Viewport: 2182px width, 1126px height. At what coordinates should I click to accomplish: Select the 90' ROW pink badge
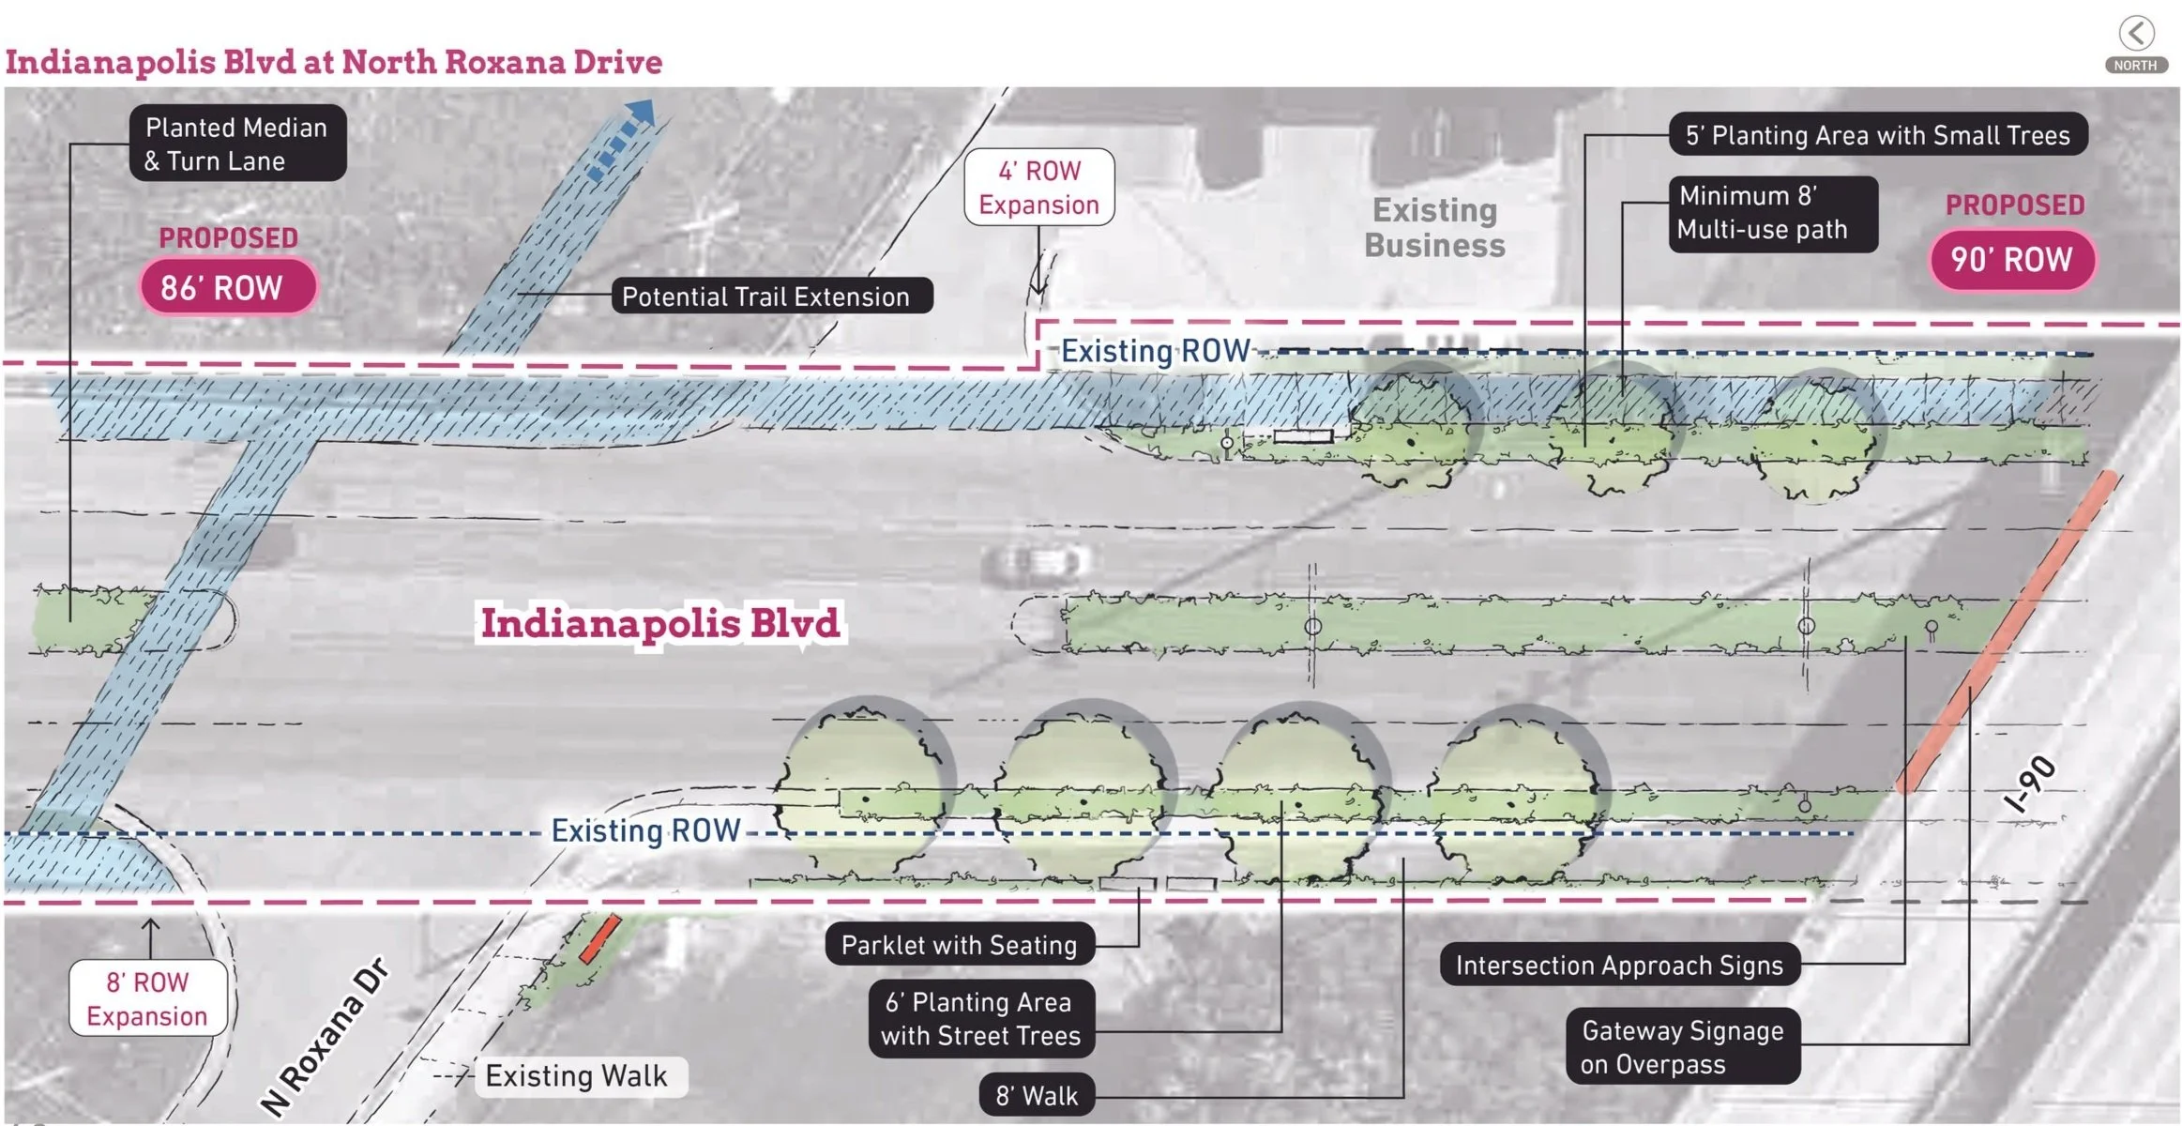point(2011,259)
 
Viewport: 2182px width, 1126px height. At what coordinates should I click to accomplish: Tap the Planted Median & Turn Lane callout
point(237,144)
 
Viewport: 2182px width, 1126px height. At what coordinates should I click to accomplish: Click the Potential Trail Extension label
point(765,297)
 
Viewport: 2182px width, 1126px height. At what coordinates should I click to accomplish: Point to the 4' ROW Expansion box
point(1038,188)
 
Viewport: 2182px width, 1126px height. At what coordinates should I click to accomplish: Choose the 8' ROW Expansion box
point(147,998)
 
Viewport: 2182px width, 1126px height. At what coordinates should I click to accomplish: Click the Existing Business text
point(1434,228)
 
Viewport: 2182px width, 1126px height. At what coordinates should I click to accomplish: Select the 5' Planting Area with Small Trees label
point(1877,135)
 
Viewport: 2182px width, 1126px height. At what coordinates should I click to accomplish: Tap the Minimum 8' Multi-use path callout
point(1772,214)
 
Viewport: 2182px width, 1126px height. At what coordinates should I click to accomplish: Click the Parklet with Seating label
point(959,945)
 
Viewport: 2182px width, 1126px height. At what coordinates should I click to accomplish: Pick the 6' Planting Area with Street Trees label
point(980,1019)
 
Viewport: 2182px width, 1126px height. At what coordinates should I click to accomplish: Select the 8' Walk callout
point(1037,1095)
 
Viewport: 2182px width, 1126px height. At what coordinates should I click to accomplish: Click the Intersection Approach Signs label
point(1619,965)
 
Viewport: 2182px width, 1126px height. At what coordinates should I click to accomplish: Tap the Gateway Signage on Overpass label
point(1682,1047)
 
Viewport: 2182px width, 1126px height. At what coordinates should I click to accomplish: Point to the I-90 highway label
point(2030,784)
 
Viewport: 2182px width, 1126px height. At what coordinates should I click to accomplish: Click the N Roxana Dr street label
point(324,1037)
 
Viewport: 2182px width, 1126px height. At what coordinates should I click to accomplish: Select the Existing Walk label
point(576,1075)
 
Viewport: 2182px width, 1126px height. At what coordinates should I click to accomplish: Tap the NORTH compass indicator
point(2136,44)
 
